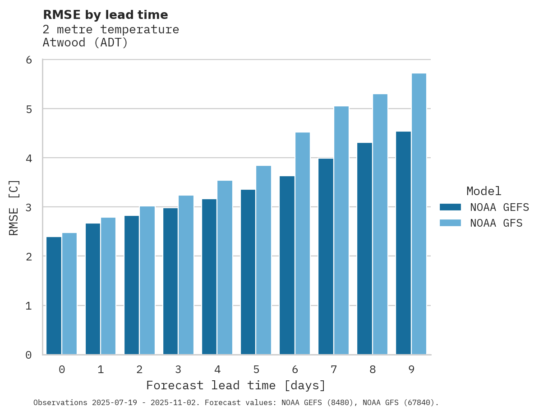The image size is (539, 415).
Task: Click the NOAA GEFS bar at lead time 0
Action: point(54,296)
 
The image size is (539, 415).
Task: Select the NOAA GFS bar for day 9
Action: point(419,214)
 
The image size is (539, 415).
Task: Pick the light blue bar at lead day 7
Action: point(341,230)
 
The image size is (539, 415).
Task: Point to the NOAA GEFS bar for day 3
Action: point(170,281)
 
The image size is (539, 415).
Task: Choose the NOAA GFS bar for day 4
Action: point(225,268)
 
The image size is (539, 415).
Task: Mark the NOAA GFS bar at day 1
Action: point(108,286)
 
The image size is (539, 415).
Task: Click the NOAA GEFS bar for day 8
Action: point(364,248)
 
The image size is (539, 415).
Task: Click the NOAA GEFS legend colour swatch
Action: point(450,207)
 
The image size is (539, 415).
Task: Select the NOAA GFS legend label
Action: point(496,223)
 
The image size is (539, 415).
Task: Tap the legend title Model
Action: point(484,191)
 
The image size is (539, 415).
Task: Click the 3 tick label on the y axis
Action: point(28,207)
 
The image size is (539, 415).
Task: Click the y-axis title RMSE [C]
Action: point(14,207)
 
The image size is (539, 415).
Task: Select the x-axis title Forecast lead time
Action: point(236,386)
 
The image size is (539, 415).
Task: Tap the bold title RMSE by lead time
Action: point(105,15)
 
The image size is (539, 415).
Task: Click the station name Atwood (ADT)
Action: point(85,43)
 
